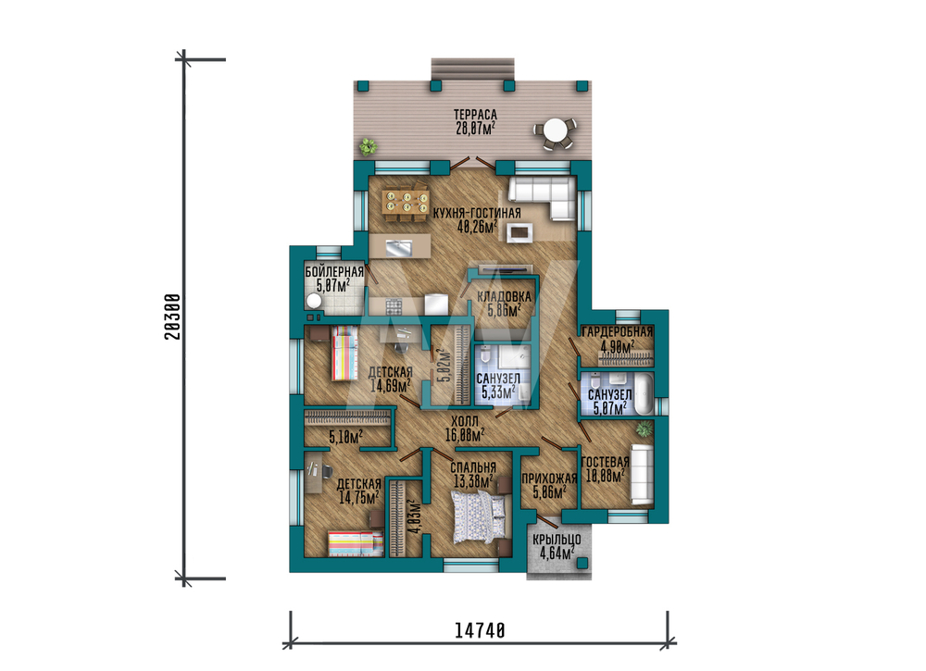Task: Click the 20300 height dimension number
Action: coord(172,317)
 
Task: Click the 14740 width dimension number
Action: coord(480,630)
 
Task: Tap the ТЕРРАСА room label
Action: coord(475,115)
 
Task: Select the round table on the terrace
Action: coord(555,130)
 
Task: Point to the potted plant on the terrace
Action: coord(369,145)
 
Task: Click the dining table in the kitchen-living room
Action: coord(406,204)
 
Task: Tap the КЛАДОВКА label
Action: coord(505,297)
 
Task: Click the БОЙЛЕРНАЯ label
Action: coord(334,272)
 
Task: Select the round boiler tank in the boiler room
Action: coord(314,301)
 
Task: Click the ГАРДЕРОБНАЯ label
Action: coord(618,331)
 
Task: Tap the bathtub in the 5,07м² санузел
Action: coord(644,393)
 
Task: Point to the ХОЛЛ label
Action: coord(465,422)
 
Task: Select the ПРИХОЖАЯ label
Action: coord(549,478)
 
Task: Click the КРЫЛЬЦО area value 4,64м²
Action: coord(557,553)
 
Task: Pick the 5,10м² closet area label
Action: coord(345,437)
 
